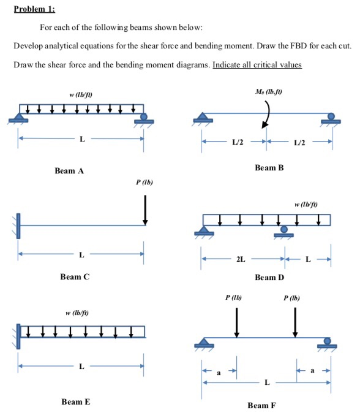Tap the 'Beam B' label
pyautogui.click(x=269, y=167)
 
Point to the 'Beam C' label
pyautogui.click(x=75, y=277)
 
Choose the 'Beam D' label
pyautogui.click(x=269, y=278)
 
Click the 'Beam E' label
pyautogui.click(x=75, y=401)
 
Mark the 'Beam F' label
pyautogui.click(x=263, y=405)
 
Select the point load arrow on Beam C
pyautogui.click(x=145, y=209)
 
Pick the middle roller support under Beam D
pyautogui.click(x=283, y=231)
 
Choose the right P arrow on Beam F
pyautogui.click(x=295, y=321)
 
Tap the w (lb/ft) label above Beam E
pyautogui.click(x=77, y=314)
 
